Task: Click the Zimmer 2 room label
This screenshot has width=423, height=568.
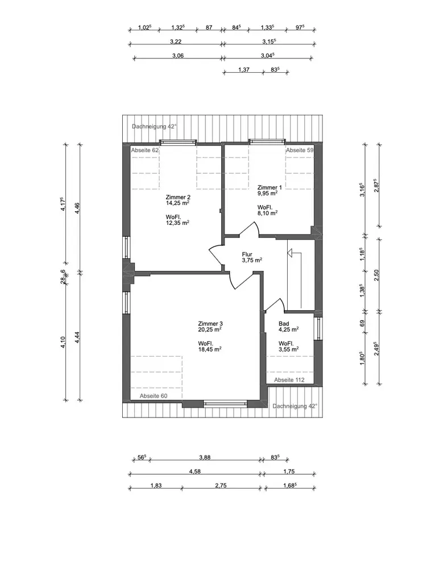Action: [x=177, y=198]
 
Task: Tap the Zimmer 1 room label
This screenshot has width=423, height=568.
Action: [x=269, y=187]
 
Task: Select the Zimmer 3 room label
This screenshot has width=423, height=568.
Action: [x=210, y=324]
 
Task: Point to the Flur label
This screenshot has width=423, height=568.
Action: [x=247, y=254]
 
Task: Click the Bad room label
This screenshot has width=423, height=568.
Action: [x=284, y=324]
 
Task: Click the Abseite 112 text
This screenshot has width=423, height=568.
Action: [x=289, y=380]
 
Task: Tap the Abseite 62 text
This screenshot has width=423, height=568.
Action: [x=145, y=151]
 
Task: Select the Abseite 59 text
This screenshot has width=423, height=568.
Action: [x=300, y=151]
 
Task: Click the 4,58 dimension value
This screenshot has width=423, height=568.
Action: [x=195, y=471]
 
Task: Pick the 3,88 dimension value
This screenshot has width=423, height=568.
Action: [x=205, y=457]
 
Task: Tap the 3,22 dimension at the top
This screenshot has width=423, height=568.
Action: [x=176, y=41]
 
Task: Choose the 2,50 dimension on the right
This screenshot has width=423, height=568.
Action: [x=376, y=275]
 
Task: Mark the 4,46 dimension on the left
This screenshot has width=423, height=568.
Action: [x=77, y=208]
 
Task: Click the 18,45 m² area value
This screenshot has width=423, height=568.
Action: [x=210, y=349]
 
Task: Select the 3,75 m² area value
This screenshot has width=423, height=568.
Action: [x=252, y=260]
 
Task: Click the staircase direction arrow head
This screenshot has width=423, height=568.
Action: [x=290, y=253]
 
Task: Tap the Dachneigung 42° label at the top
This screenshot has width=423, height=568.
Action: [x=155, y=127]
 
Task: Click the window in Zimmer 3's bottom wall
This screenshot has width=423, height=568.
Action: [x=225, y=404]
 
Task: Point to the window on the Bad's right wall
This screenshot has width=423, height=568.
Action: [x=318, y=329]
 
